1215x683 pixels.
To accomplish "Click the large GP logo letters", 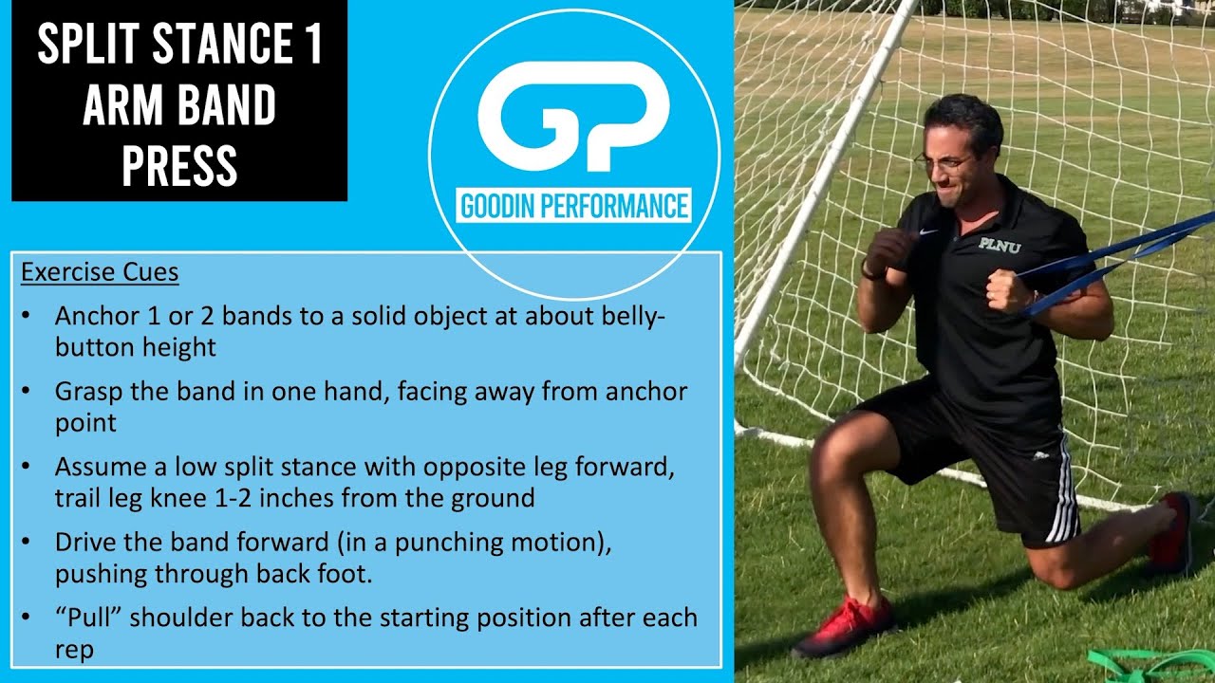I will tap(573, 116).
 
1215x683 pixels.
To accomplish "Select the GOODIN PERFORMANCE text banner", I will tap(573, 206).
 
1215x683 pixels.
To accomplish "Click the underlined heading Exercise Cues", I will tap(100, 272).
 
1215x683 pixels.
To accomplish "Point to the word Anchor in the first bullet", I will tap(93, 315).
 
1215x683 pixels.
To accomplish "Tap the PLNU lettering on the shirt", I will tap(1000, 244).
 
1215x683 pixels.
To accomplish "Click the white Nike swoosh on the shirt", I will tap(928, 231).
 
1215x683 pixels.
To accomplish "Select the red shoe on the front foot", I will tap(845, 627).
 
